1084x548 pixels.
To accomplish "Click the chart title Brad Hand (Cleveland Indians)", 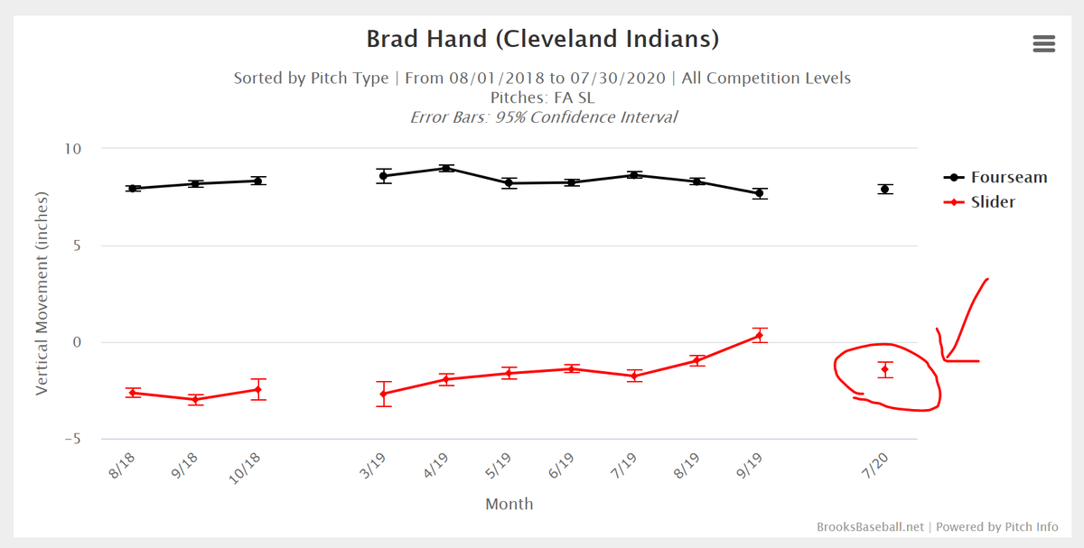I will (x=542, y=40).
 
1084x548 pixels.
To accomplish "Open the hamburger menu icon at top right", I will (x=1043, y=44).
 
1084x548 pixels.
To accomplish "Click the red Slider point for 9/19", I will (x=760, y=335).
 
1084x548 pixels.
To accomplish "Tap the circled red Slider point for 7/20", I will (x=885, y=369).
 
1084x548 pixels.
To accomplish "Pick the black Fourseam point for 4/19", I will (x=446, y=168).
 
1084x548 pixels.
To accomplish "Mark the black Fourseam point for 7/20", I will (x=885, y=189).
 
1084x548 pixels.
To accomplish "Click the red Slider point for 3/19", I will (x=384, y=394).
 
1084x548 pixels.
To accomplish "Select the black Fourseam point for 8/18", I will (x=133, y=189).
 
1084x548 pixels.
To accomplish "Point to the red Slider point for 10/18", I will (x=258, y=389).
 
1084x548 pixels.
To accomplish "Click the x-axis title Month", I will (x=509, y=504).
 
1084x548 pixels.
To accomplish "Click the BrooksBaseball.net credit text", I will (x=869, y=526).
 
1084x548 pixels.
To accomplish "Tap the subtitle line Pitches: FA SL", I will (x=542, y=98).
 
